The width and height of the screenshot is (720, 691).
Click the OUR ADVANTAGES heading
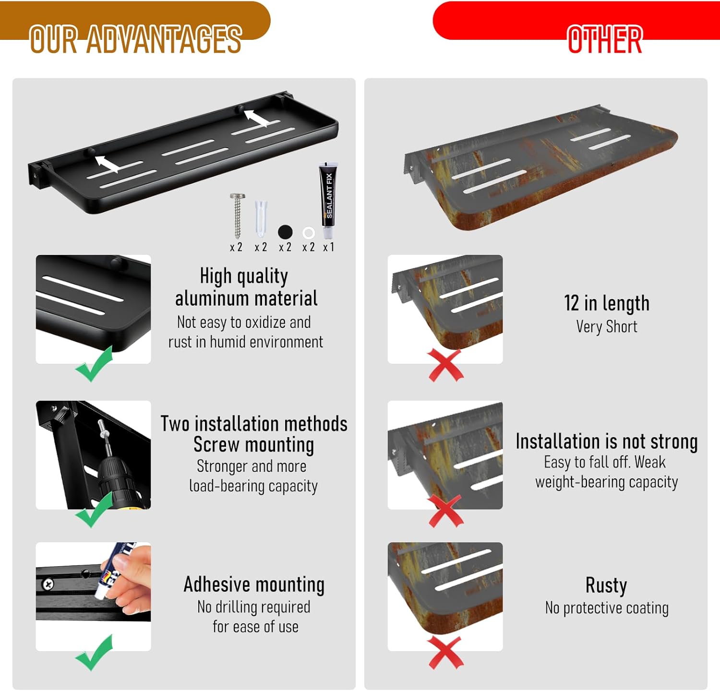(x=135, y=39)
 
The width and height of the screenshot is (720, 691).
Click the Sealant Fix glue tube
(x=328, y=199)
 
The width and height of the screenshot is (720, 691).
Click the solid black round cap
(x=285, y=232)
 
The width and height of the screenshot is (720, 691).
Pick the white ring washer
(x=309, y=233)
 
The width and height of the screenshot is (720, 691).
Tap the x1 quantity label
(x=328, y=248)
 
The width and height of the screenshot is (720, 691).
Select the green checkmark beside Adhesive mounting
(x=95, y=653)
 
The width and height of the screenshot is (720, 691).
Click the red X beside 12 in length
(x=446, y=366)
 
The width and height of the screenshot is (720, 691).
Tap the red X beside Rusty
(x=446, y=653)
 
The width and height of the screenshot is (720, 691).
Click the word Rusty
(x=606, y=585)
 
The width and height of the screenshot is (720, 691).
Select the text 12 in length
(x=607, y=303)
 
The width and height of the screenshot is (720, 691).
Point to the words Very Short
(x=607, y=327)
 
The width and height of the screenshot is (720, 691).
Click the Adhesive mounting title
(x=254, y=584)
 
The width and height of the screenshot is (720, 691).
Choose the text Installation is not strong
(x=607, y=441)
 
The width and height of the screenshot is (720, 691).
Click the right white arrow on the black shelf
(x=256, y=118)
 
